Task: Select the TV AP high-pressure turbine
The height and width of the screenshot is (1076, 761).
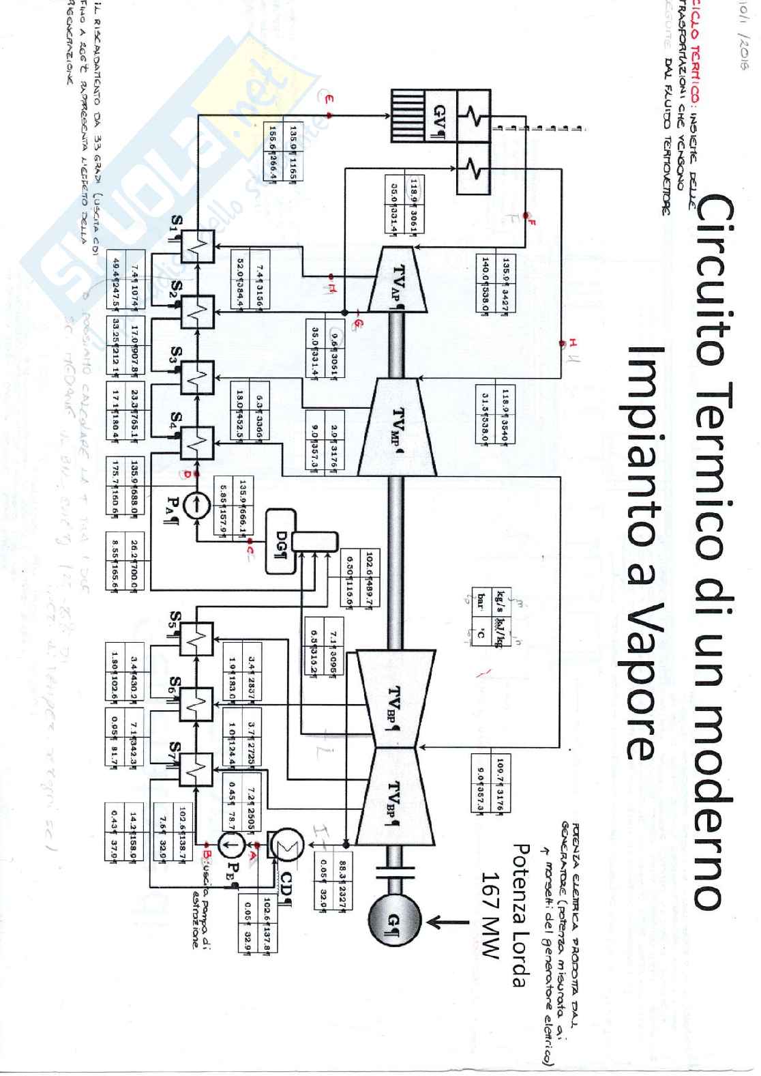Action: pos(398,279)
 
